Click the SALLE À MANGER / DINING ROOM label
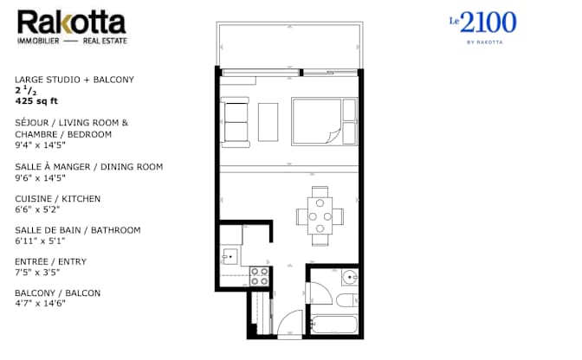[x=88, y=167]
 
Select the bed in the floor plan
[x=322, y=121]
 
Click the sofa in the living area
[x=236, y=122]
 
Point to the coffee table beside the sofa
[x=268, y=122]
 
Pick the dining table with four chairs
[x=320, y=210]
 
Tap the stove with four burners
[x=259, y=276]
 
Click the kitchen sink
[x=230, y=255]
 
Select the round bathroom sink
[x=350, y=278]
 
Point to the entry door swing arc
[x=285, y=325]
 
